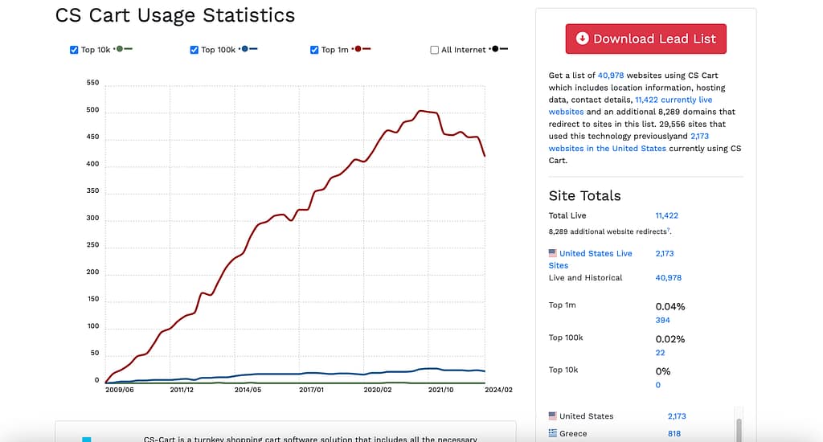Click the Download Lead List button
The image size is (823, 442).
coord(645,39)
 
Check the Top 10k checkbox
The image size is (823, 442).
coord(75,50)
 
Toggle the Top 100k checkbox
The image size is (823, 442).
coord(194,50)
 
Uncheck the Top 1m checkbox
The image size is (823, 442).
coord(315,50)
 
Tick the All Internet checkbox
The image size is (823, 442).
coord(435,50)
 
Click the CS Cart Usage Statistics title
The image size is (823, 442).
coord(174,15)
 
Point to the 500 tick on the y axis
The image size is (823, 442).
coord(92,110)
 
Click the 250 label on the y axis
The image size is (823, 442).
coord(92,245)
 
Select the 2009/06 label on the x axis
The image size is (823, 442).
coord(119,390)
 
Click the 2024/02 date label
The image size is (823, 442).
coord(498,390)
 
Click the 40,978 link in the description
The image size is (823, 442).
coord(612,76)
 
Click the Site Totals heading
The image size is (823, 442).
coord(584,195)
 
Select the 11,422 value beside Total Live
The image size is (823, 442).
coord(666,215)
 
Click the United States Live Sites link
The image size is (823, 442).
coord(596,254)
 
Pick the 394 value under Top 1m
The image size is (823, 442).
coord(662,320)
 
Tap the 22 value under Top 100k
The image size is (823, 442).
coord(660,353)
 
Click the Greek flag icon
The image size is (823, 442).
coord(552,434)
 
